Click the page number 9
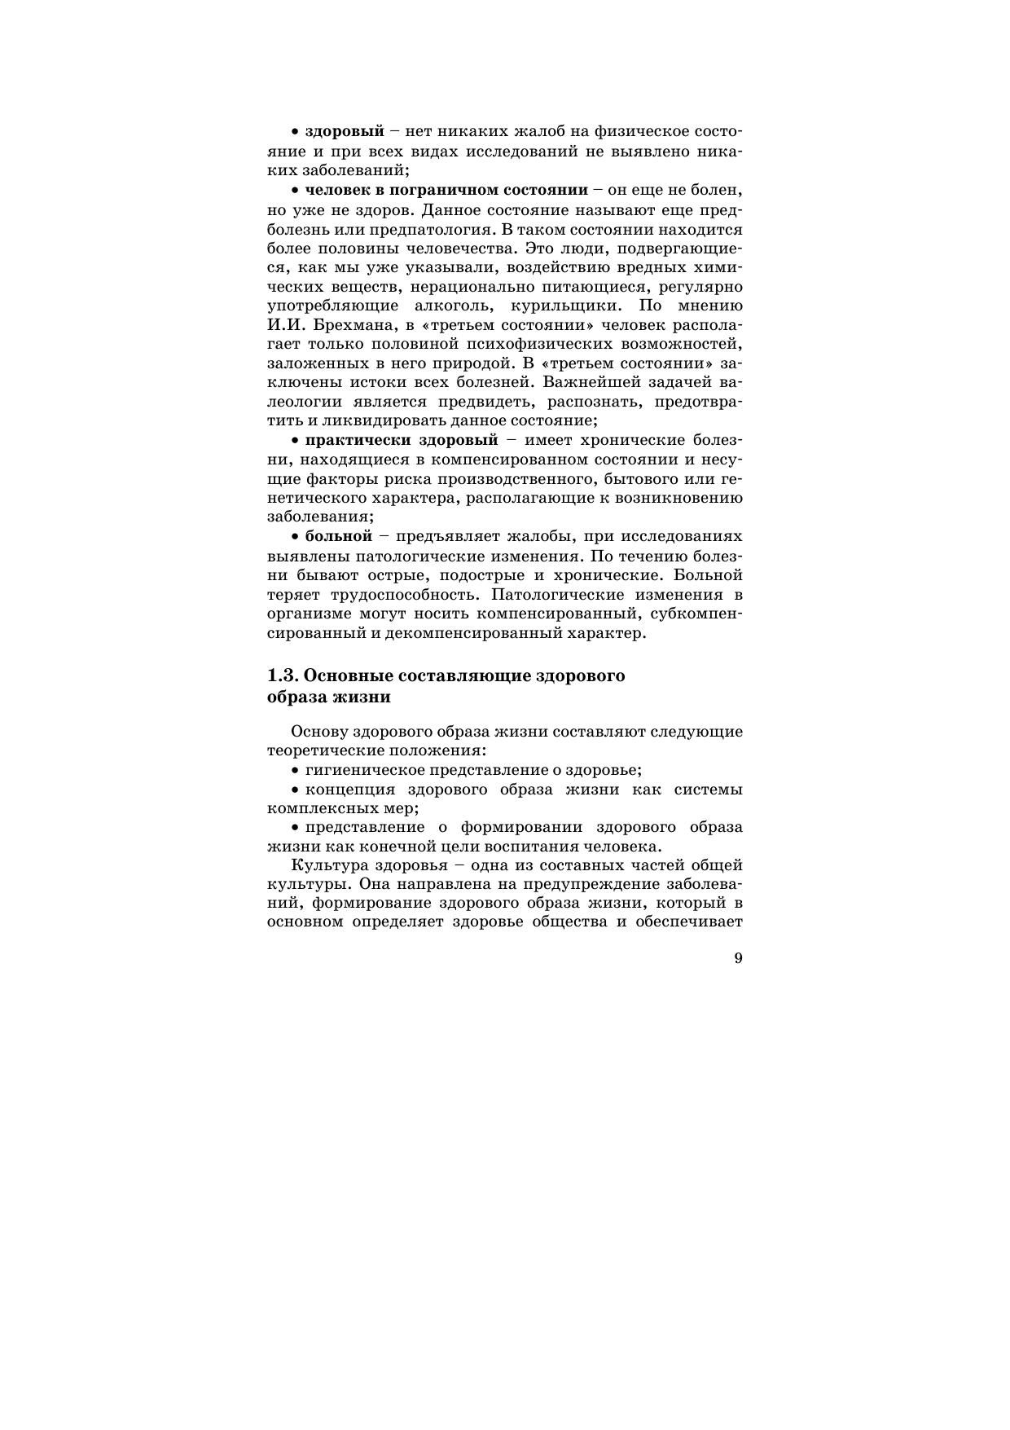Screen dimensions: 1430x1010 point(738,958)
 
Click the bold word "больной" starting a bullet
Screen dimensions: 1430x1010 point(338,536)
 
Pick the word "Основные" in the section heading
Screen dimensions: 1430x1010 point(355,676)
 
